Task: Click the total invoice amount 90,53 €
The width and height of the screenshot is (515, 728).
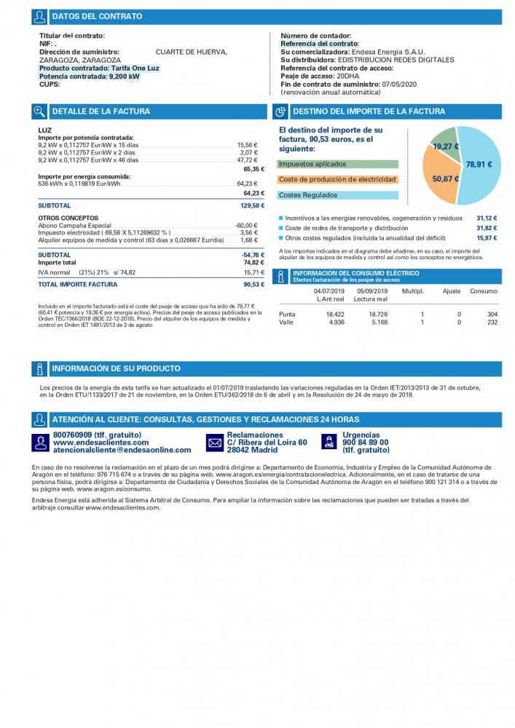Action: tap(254, 285)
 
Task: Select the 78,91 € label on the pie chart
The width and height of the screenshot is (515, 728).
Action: tap(479, 165)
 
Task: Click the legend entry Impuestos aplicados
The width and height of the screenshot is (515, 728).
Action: tap(312, 164)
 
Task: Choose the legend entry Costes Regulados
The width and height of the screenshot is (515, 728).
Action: tap(308, 195)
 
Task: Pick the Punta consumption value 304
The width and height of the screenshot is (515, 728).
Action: tap(492, 314)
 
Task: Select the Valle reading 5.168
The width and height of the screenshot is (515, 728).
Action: tap(380, 323)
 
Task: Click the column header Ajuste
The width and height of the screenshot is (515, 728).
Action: tap(452, 291)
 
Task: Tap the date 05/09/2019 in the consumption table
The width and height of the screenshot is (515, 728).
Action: tap(372, 291)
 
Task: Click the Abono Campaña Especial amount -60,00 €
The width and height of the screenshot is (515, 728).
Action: tap(246, 226)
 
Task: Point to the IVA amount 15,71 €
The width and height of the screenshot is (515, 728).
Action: tap(254, 272)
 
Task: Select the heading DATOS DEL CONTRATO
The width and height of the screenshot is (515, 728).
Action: tap(97, 16)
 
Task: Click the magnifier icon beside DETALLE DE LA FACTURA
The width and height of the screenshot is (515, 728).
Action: tap(39, 111)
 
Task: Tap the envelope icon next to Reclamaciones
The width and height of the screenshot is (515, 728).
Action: tap(215, 443)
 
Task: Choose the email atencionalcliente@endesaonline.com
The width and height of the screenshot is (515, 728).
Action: tap(122, 450)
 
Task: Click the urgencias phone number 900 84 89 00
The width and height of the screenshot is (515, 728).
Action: tap(366, 443)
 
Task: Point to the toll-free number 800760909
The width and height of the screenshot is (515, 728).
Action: tap(72, 435)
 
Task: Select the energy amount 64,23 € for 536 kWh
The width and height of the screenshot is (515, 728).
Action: tap(247, 184)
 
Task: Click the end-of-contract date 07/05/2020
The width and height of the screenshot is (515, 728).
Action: tap(399, 84)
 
